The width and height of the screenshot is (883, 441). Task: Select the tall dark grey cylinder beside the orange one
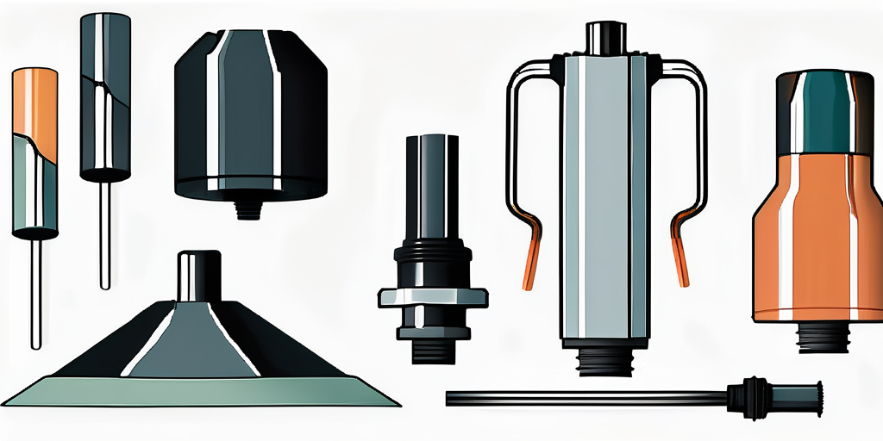[x=105, y=95]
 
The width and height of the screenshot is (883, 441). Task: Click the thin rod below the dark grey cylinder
[x=104, y=233]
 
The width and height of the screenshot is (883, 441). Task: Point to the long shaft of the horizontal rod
[x=586, y=397]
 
